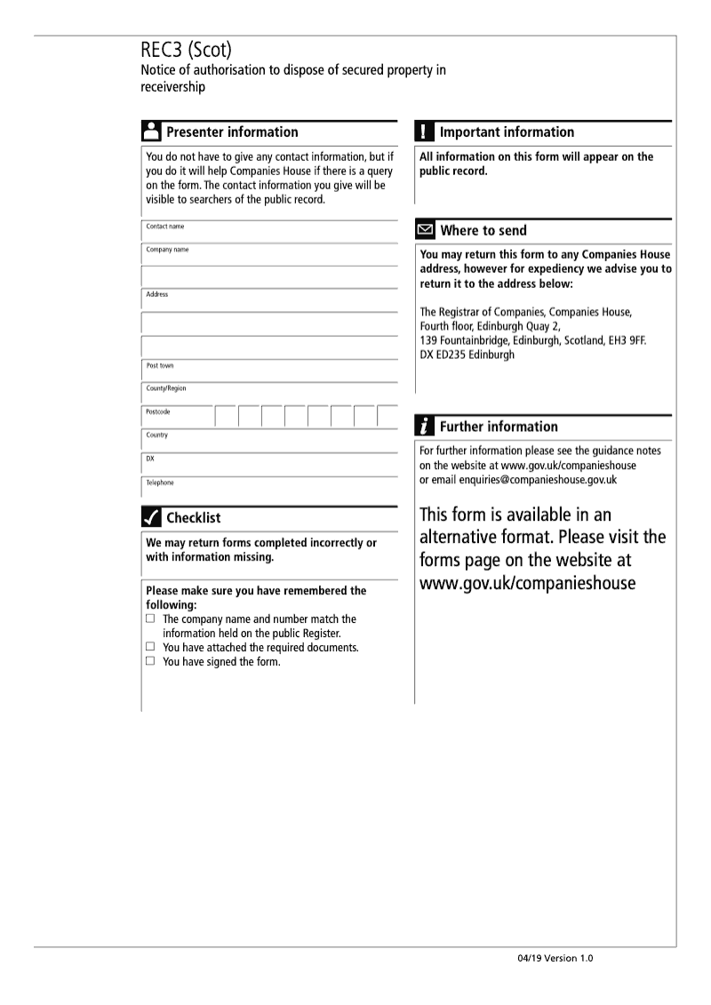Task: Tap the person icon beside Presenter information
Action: tap(151, 132)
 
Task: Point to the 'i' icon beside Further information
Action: tap(425, 427)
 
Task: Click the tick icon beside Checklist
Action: tap(151, 517)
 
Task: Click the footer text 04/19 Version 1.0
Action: tap(555, 959)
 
